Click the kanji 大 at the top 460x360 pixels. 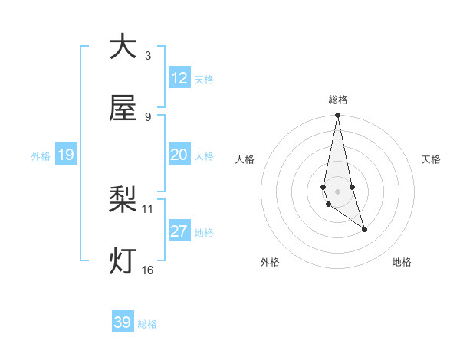click(123, 47)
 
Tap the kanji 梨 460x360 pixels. click(123, 200)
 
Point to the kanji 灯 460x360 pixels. click(123, 261)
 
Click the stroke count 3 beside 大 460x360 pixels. click(148, 55)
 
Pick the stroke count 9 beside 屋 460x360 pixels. click(148, 116)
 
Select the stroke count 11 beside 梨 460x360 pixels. click(148, 208)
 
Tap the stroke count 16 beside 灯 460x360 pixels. click(148, 270)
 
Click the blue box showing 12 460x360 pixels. click(179, 78)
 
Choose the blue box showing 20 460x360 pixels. click(179, 155)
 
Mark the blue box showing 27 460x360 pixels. click(179, 231)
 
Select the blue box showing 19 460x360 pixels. click(66, 155)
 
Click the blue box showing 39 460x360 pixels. click(123, 322)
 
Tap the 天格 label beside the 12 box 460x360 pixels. click(204, 80)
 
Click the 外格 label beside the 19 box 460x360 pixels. click(41, 156)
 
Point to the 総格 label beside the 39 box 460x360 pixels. click(147, 324)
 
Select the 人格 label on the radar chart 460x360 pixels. click(245, 159)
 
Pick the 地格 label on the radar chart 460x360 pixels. click(402, 262)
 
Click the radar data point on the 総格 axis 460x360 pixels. click(337, 116)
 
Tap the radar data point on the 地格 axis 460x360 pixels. click(364, 229)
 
